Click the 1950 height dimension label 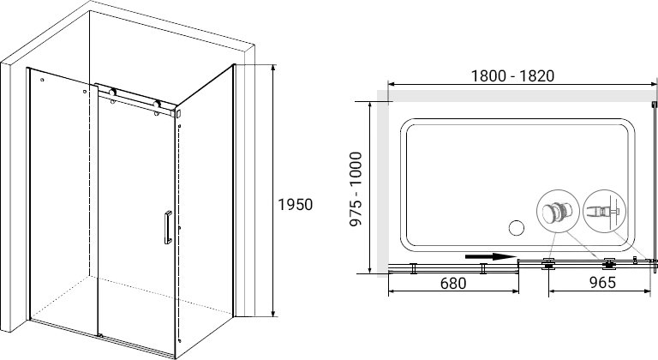click(296, 205)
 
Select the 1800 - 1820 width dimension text click(512, 75)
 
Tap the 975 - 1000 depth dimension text click(356, 189)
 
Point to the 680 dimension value click(453, 283)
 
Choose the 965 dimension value click(602, 282)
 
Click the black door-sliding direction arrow click(490, 256)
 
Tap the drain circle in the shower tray click(516, 228)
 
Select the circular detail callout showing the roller click(558, 211)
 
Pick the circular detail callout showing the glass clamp click(605, 211)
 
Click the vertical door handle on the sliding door click(168, 227)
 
